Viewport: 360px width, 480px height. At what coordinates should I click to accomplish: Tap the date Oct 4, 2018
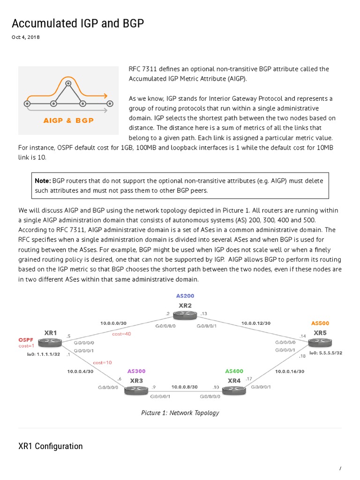pos(25,37)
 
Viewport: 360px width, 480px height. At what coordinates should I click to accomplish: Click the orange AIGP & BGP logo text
pos(68,120)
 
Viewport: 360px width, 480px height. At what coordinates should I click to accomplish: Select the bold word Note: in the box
pos(43,180)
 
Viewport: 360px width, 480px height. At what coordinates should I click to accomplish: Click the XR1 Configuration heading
pos(50,446)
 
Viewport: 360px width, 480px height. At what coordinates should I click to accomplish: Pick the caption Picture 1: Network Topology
pos(180,413)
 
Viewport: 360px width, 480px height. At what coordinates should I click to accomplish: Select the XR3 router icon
pos(136,390)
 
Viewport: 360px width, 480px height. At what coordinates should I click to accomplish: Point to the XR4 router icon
pos(234,390)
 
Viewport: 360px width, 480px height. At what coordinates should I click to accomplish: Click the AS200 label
pos(185,296)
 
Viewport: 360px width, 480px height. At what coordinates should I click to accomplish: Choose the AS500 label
pos(321,323)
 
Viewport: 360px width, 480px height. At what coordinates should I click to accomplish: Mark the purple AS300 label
pos(137,371)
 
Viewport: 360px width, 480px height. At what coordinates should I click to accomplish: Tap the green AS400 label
pos(234,371)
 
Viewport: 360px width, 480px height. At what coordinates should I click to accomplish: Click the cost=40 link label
pos(121,334)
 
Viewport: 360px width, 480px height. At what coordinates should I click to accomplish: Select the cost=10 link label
pos(102,362)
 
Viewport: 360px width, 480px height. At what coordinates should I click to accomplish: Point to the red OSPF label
pos(25,339)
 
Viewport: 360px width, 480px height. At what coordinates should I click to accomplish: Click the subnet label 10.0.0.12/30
pos(256,323)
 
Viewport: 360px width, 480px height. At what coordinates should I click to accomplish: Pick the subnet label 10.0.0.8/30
pos(185,387)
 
